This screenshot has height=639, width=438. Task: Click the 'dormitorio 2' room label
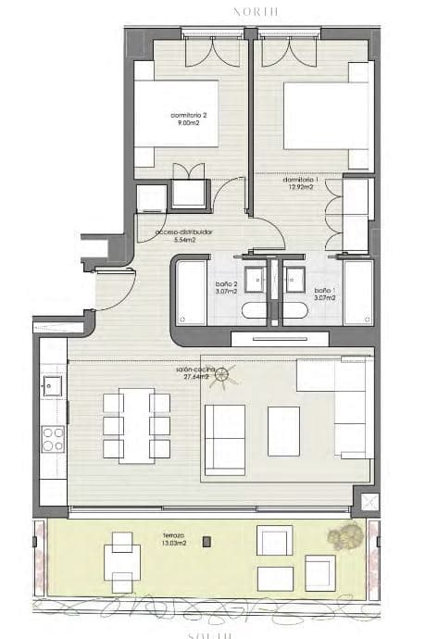(x=191, y=119)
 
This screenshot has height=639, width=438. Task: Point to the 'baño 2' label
(x=227, y=288)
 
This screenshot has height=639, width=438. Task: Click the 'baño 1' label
(x=323, y=288)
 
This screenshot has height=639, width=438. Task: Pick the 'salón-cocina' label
(x=195, y=373)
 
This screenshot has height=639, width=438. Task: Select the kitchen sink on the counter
(x=53, y=387)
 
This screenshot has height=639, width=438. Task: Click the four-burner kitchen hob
(x=53, y=439)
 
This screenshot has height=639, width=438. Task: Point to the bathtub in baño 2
(x=191, y=293)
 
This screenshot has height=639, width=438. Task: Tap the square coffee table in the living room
(x=283, y=431)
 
